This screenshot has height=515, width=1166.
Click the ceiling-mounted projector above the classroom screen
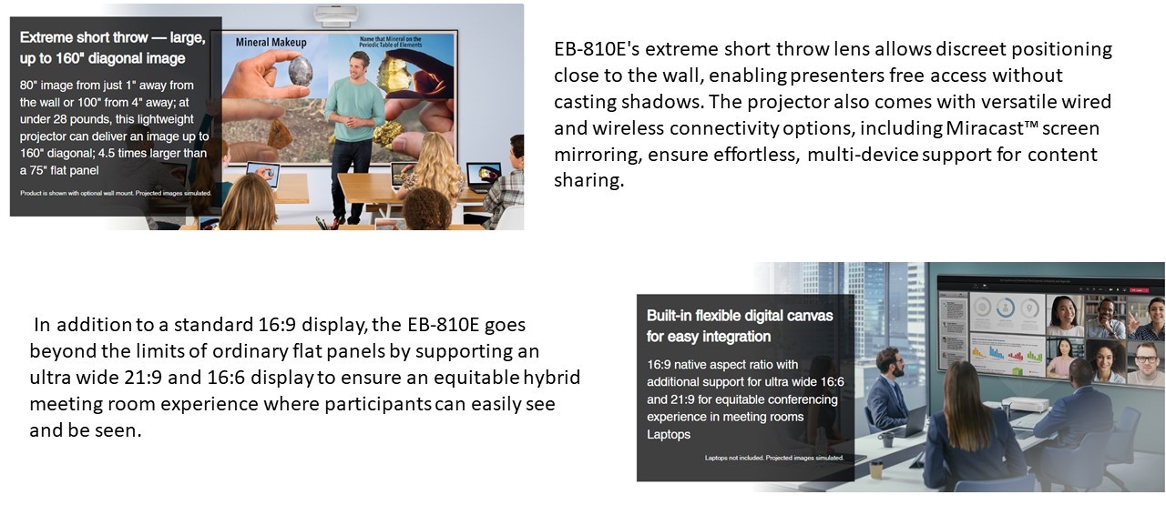(x=336, y=15)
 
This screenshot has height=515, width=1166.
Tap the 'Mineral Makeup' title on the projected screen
(x=271, y=42)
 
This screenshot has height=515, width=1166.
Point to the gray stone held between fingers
(x=301, y=71)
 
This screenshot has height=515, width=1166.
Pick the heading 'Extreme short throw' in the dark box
(x=84, y=37)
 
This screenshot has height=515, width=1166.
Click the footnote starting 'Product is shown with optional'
(x=116, y=193)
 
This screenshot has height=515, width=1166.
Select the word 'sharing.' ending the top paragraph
(x=588, y=180)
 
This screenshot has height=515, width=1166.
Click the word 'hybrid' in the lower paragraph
(x=552, y=377)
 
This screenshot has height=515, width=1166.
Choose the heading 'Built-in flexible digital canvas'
(x=740, y=316)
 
